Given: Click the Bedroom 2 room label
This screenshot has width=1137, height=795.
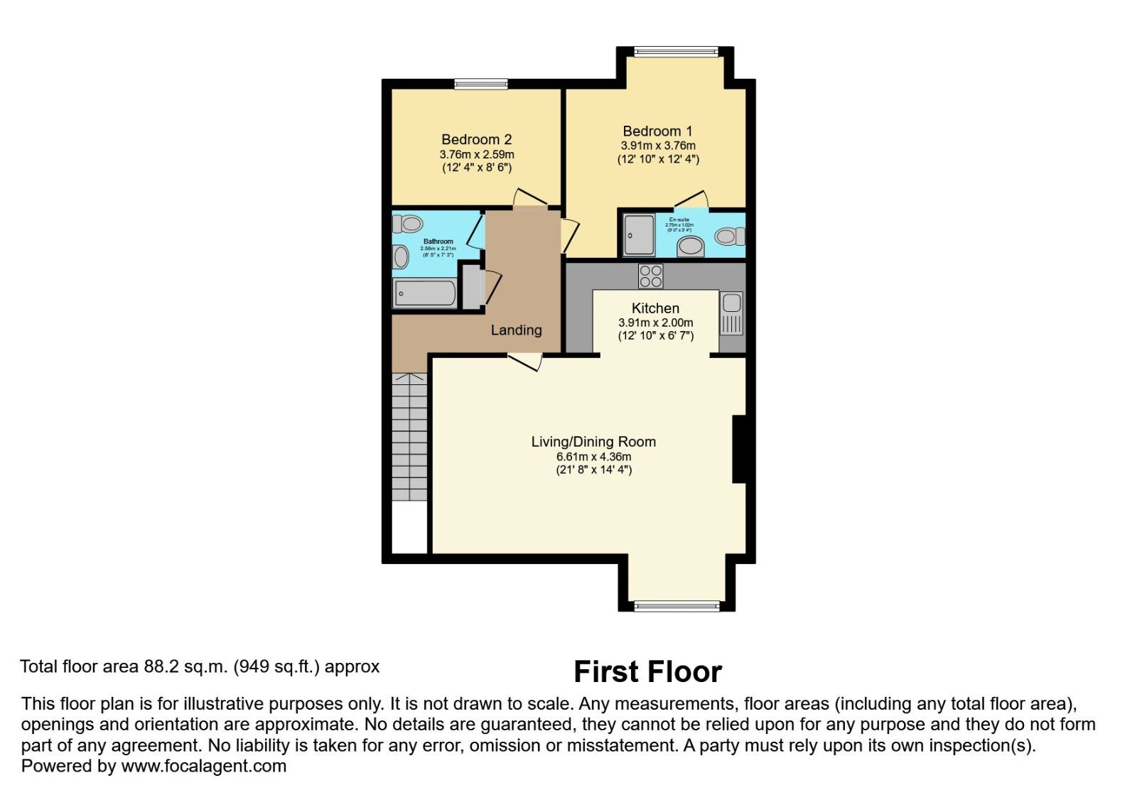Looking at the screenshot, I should [x=476, y=139].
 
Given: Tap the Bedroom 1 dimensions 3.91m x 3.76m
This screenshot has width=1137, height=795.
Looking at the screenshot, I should [x=658, y=146].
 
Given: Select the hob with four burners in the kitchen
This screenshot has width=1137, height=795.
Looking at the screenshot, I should [x=650, y=276].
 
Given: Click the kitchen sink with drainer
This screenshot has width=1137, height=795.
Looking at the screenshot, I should [x=731, y=313].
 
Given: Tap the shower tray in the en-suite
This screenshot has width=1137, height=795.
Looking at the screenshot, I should [x=639, y=235].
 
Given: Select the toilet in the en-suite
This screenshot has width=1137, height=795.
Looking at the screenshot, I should [x=730, y=236].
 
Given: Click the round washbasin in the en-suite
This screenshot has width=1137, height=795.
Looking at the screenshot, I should [x=690, y=247].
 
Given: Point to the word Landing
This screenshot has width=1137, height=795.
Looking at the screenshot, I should [x=516, y=330].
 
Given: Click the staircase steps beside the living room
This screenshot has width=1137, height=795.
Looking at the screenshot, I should [x=410, y=437].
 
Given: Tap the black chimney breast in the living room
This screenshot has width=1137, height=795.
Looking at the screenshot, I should [x=739, y=449].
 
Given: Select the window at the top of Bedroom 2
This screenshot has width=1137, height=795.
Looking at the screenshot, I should [x=481, y=84].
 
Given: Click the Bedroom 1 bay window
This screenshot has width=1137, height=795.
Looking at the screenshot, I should [x=676, y=51].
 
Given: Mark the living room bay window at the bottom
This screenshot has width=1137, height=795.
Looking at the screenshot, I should [x=676, y=605].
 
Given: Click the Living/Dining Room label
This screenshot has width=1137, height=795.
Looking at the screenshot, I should [x=593, y=441].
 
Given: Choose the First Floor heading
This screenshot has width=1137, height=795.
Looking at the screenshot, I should [x=647, y=671].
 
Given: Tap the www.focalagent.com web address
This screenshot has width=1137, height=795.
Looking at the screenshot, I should [x=204, y=766].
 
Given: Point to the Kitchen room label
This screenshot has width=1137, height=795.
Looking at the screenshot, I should [x=655, y=308].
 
